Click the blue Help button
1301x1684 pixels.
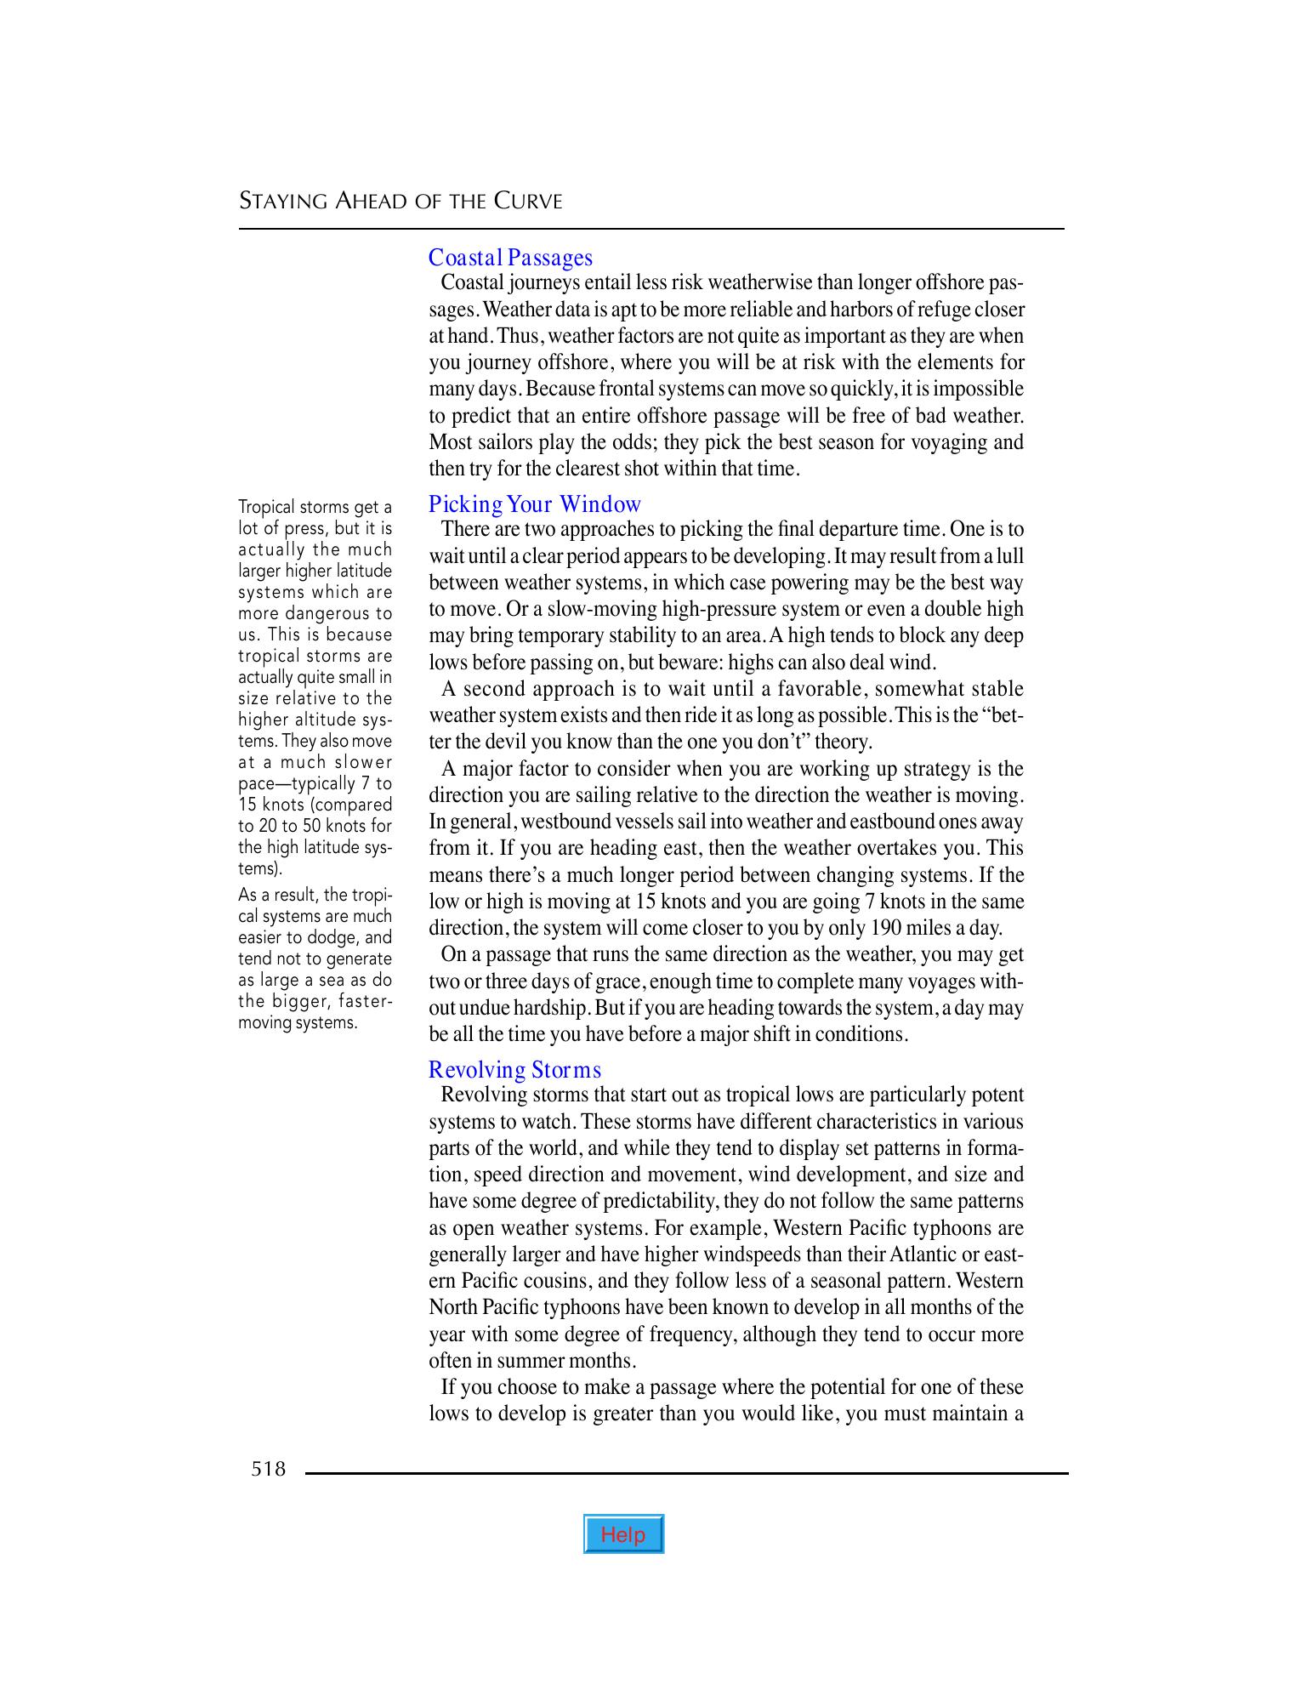tap(623, 1534)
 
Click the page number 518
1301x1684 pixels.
tap(269, 1469)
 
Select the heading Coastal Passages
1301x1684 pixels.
tap(510, 257)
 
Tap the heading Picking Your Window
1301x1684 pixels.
tap(534, 504)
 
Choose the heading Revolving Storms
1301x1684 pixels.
tap(514, 1069)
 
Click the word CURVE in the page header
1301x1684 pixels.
tap(528, 202)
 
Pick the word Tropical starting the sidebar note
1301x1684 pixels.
tap(265, 508)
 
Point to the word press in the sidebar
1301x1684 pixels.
tap(304, 529)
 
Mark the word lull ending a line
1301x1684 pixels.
tap(1010, 556)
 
